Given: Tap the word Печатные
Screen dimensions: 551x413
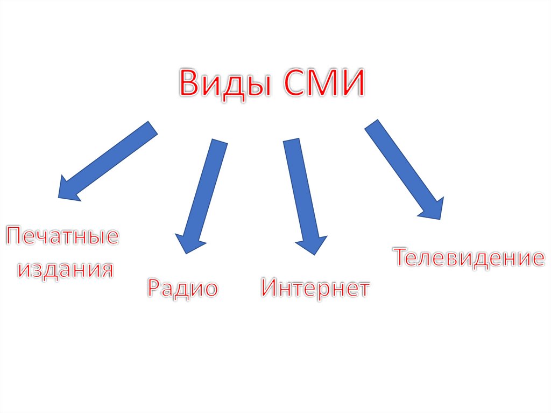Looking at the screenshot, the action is [x=62, y=237].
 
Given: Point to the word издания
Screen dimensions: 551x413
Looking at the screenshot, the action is [x=66, y=269].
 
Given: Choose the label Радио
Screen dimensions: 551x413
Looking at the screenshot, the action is [x=183, y=288].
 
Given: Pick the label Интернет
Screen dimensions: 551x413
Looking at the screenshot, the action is [x=315, y=288].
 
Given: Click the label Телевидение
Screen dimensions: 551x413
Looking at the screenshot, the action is [x=468, y=258].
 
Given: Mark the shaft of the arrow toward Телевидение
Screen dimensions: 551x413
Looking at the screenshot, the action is [x=398, y=162].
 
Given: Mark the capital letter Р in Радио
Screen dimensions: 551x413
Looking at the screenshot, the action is [x=154, y=288].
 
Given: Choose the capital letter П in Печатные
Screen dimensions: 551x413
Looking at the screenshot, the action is [x=16, y=237].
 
